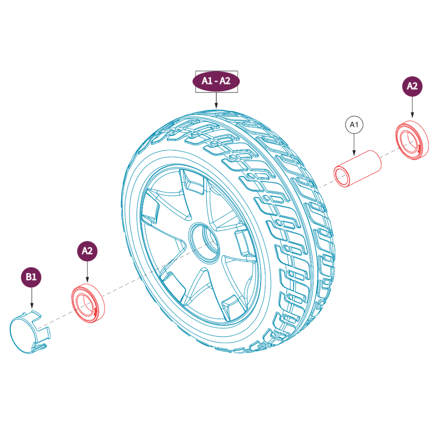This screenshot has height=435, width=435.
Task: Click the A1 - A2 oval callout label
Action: pyautogui.click(x=216, y=81)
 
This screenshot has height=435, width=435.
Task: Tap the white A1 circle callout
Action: pyautogui.click(x=354, y=125)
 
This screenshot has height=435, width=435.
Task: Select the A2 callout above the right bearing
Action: pyautogui.click(x=412, y=86)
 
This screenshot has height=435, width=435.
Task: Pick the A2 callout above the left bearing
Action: pyautogui.click(x=87, y=251)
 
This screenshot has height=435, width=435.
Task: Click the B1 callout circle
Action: pyautogui.click(x=31, y=277)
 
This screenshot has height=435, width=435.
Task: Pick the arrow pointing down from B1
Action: pyautogui.click(x=31, y=298)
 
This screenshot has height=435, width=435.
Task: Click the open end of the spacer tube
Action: pyautogui.click(x=342, y=176)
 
